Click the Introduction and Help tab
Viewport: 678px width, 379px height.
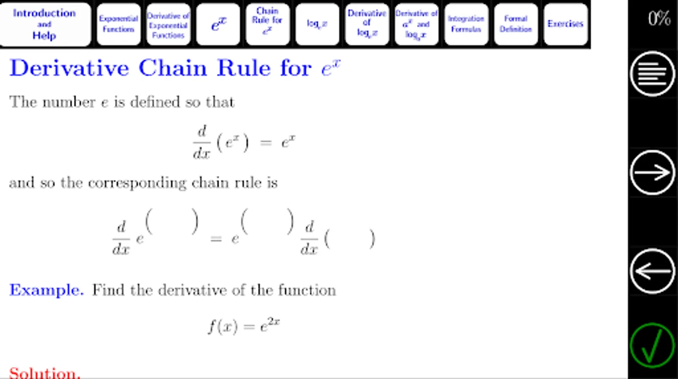pos(45,24)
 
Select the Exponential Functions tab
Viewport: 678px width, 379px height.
pos(118,24)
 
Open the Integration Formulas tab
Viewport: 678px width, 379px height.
pos(466,24)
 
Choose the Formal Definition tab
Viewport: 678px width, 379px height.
pos(516,24)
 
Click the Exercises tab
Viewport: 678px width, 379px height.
pos(565,24)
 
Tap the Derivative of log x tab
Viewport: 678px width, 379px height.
pos(367,24)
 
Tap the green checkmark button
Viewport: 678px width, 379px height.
pos(652,345)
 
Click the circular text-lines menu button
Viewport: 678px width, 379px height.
pos(652,74)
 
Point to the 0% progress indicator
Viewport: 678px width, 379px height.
pos(659,19)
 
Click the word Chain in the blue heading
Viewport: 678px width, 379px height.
pos(173,68)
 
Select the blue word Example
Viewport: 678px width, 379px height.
pos(46,290)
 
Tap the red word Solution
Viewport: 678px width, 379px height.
pos(44,373)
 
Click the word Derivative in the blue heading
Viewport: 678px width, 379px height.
pos(69,68)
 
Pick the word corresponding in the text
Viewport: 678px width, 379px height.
pos(137,183)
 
